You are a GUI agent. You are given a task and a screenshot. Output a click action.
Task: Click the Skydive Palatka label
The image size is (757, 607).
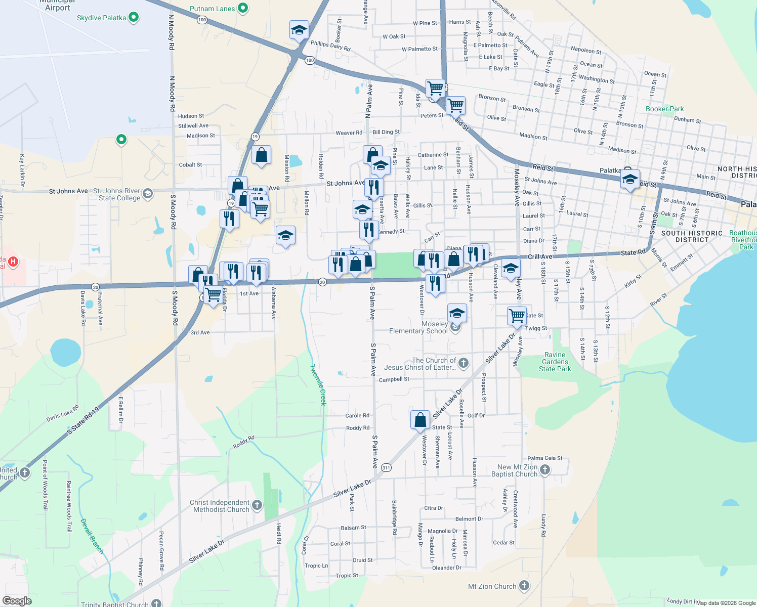101,18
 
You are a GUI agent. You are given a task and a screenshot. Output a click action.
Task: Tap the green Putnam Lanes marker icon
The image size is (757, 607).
243,8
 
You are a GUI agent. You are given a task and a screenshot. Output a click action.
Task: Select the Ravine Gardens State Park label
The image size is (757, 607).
555,362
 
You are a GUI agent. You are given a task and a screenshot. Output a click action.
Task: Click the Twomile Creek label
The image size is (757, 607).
318,384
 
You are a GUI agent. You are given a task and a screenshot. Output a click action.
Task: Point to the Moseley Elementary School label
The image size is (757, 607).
418,327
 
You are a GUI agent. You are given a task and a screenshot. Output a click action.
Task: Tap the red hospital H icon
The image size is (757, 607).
13,262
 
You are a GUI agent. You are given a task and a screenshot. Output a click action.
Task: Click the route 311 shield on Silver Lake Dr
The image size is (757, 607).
386,467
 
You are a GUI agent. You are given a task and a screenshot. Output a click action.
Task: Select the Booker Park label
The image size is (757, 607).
664,109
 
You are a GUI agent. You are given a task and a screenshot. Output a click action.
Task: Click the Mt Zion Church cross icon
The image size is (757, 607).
524,586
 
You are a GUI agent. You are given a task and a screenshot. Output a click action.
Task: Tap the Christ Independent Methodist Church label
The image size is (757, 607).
221,506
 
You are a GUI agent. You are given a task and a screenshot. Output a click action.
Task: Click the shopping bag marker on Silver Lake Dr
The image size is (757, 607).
420,420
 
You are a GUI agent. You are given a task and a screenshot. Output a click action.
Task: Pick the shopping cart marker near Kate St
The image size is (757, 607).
517,316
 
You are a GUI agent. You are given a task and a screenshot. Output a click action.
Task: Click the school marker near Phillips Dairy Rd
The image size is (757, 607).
299,30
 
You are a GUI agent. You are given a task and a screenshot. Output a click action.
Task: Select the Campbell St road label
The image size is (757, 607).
394,379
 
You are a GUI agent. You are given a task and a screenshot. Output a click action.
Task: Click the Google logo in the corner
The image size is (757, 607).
17,601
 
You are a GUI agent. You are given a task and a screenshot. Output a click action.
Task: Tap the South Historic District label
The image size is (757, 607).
692,236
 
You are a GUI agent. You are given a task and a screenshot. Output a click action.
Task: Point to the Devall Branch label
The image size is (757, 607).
92,536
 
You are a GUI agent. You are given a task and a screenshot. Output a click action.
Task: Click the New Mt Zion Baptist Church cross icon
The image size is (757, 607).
545,470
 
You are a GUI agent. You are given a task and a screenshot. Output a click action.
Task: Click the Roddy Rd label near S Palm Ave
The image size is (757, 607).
357,428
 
